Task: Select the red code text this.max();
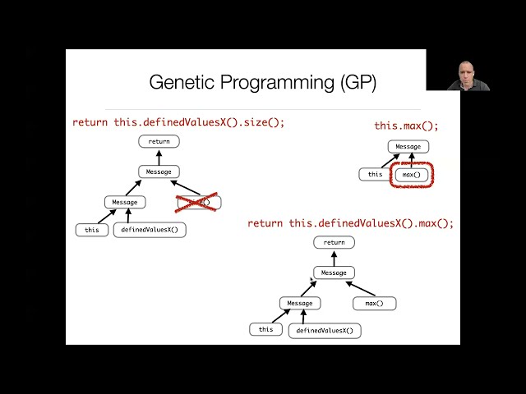point(406,126)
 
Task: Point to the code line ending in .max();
point(350,223)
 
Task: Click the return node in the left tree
point(159,142)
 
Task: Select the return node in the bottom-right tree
point(334,242)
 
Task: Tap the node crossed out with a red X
point(198,202)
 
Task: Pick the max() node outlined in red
point(411,175)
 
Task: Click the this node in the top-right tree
point(375,174)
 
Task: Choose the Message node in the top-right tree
point(408,147)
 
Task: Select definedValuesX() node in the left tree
point(150,230)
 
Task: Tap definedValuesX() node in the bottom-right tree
point(325,331)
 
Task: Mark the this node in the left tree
point(92,230)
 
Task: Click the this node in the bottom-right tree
point(265,329)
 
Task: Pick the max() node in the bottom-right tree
point(374,304)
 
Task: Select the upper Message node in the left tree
point(159,172)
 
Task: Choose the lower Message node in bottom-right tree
point(299,303)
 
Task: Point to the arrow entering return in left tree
point(159,157)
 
